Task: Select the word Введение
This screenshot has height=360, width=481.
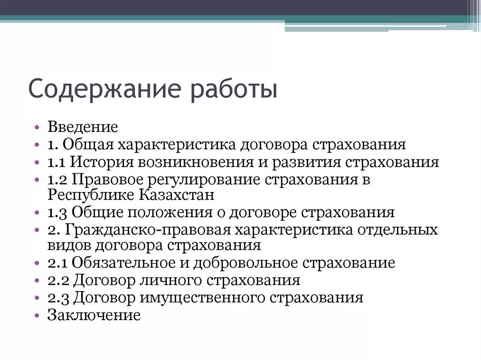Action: click(x=82, y=127)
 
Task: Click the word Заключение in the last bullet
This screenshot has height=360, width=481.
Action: click(x=93, y=314)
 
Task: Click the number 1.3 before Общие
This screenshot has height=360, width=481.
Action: click(x=58, y=213)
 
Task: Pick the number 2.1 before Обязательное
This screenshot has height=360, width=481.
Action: click(x=58, y=263)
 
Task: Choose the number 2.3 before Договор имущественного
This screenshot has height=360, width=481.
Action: click(x=59, y=298)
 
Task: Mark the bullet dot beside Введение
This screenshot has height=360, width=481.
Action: click(x=38, y=128)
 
